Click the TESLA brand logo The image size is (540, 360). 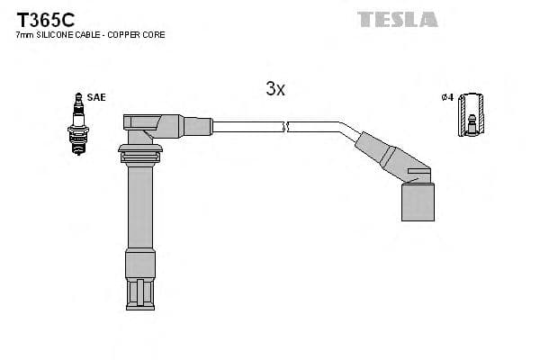pyautogui.click(x=397, y=19)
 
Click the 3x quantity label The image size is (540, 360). pyautogui.click(x=275, y=88)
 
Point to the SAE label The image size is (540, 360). pyautogui.click(x=95, y=97)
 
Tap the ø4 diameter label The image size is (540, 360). pyautogui.click(x=446, y=97)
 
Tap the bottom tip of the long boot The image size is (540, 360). pyautogui.click(x=139, y=297)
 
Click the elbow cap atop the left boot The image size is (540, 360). pyautogui.click(x=148, y=124)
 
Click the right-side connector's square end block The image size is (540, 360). pyautogui.click(x=417, y=200)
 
